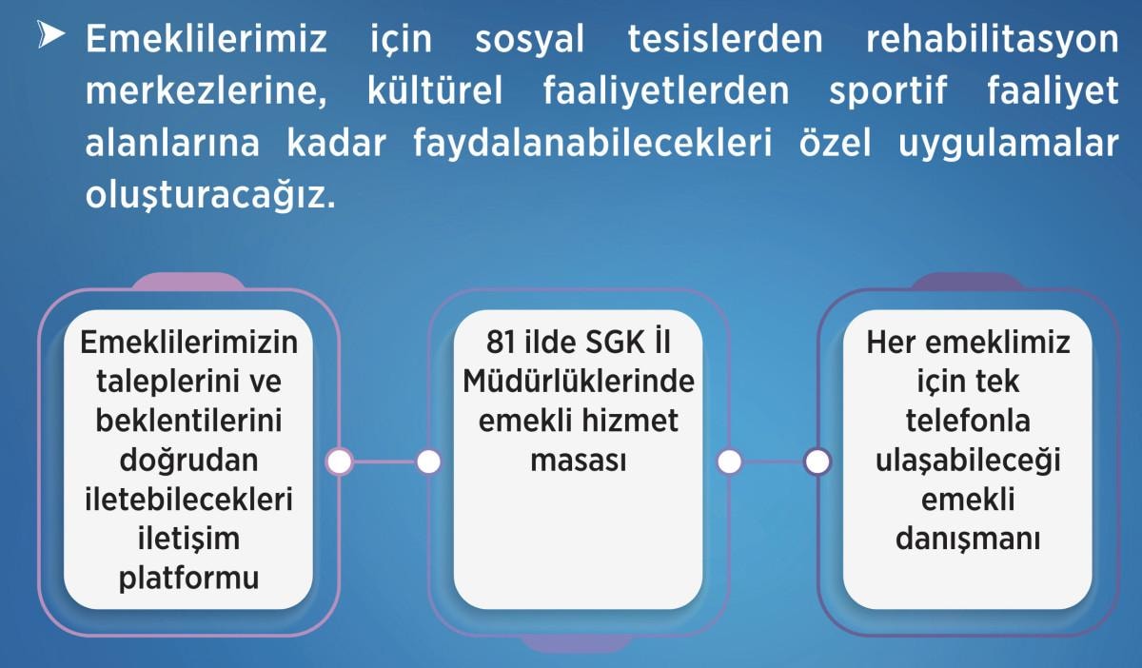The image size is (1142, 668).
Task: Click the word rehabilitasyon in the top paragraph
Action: (992, 39)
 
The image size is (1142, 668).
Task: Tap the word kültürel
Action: (435, 90)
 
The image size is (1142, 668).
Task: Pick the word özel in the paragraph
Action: (836, 143)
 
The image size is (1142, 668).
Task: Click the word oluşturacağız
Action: (210, 196)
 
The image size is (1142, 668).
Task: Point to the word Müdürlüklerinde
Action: (579, 381)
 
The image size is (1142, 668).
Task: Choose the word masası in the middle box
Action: (579, 461)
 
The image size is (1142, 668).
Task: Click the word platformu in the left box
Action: (188, 580)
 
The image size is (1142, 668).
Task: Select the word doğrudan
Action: (188, 462)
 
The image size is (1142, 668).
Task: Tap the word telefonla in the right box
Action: (968, 421)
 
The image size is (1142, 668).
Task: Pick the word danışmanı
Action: (968, 540)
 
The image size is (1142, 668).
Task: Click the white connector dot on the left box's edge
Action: (340, 462)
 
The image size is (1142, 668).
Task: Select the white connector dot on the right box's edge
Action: (817, 462)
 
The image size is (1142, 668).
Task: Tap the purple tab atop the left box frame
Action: (188, 281)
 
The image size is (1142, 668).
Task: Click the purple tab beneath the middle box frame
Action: (579, 644)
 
